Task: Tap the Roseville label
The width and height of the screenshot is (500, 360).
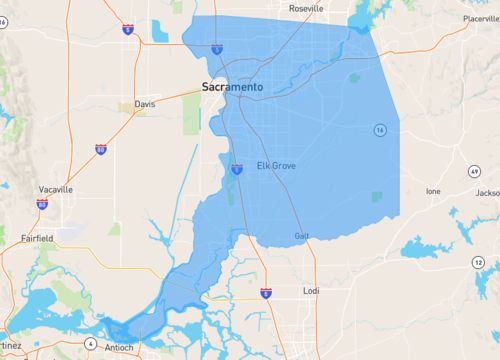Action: pos(306,8)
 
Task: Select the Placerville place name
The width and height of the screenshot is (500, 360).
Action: pos(479,18)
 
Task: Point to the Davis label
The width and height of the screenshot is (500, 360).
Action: pos(146,104)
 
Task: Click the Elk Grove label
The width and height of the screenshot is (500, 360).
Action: pos(276,165)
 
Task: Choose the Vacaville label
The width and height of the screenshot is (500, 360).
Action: pos(55,189)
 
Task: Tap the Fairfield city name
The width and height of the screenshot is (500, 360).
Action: pos(38,238)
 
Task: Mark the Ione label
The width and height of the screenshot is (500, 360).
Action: pos(433,190)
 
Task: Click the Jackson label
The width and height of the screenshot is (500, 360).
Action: pos(487,192)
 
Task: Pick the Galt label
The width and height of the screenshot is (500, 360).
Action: pos(302,236)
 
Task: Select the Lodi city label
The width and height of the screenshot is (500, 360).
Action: pos(311,291)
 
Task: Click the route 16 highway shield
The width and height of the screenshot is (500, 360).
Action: pos(380,130)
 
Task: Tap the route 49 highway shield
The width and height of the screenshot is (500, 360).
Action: pos(472,172)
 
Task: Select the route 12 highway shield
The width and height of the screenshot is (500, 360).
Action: pos(479,262)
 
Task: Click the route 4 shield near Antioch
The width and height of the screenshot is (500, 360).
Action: pos(90,344)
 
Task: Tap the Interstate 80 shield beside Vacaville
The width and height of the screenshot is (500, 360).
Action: pos(42,203)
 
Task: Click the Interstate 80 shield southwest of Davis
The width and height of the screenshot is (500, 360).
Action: pos(101,149)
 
